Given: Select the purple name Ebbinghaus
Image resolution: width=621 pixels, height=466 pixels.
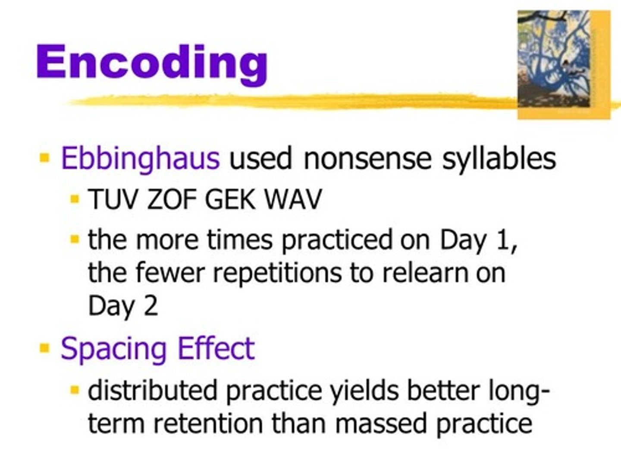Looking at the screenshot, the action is pos(141,158).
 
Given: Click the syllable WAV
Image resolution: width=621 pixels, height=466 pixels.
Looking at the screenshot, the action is pos(293,200).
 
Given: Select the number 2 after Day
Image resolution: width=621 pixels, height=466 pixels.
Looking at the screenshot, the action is pos(151,306).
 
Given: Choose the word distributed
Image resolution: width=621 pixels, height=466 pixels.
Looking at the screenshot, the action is pos(153,390).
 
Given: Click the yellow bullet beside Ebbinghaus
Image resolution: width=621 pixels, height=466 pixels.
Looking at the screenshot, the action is pos(44,157).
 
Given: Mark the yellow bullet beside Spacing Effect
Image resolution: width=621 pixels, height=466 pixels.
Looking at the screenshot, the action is pos(44,348).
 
